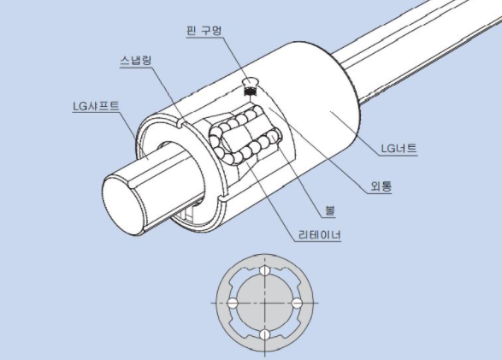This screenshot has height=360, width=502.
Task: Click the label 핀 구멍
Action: [x=204, y=31]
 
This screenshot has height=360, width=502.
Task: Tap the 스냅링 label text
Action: [x=136, y=60]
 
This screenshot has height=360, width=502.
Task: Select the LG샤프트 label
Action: [x=96, y=106]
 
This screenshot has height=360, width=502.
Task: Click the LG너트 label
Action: [x=399, y=149]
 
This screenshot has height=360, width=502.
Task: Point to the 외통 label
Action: [x=381, y=186]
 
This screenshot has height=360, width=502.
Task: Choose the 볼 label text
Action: [x=330, y=211]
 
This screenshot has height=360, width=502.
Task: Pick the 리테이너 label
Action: [x=320, y=235]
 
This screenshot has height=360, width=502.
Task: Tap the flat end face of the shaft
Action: [x=123, y=205]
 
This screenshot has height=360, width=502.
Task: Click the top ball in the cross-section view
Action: [x=265, y=271]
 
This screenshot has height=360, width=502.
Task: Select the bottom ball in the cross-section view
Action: [x=265, y=335]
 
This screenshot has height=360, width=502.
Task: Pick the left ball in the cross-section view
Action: [x=233, y=303]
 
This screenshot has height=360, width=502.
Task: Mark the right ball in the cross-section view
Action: [x=297, y=303]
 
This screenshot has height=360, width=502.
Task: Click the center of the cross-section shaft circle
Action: [x=265, y=303]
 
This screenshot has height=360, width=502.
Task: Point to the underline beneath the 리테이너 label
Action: [x=317, y=241]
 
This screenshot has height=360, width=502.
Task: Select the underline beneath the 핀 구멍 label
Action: [x=204, y=37]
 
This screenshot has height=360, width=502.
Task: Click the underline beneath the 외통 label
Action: [x=380, y=193]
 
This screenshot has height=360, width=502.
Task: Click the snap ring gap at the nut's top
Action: [x=181, y=124]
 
